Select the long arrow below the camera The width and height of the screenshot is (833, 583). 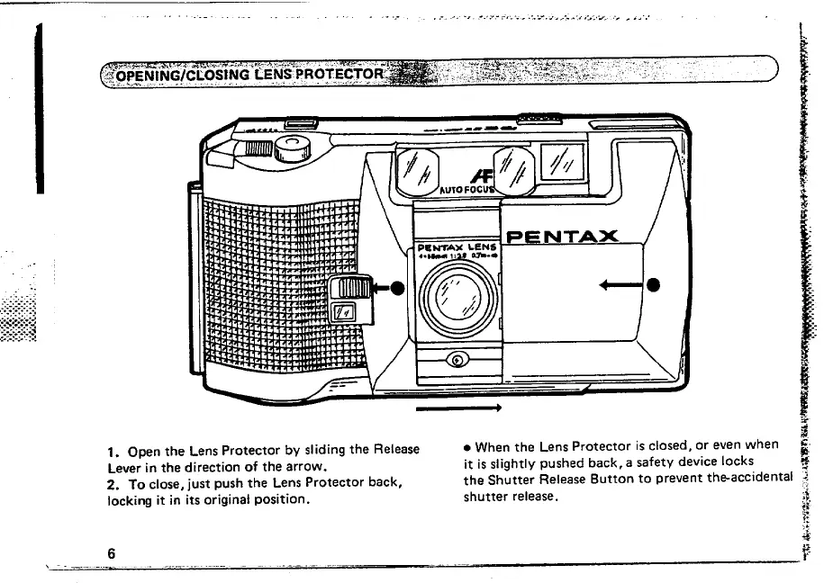(457, 408)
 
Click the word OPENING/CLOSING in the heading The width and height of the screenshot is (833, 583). (170, 74)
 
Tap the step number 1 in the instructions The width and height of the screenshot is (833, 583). (110, 451)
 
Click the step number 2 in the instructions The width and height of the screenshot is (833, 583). (111, 483)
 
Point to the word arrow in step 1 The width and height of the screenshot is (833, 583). (303, 467)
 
